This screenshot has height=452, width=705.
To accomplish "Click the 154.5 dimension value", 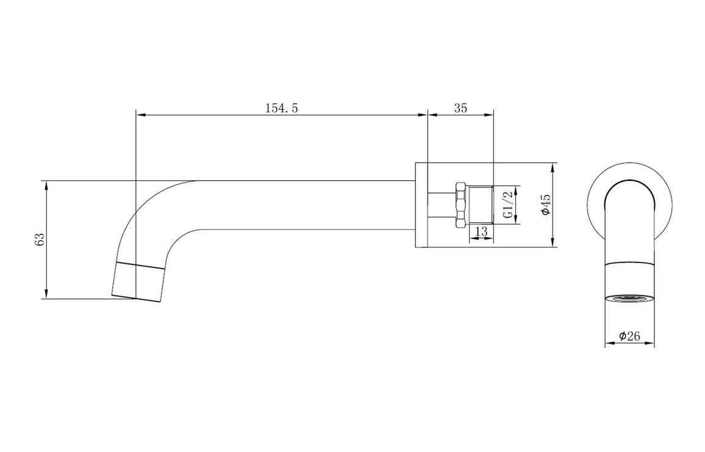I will tap(281, 108).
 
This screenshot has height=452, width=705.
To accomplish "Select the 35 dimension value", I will tap(460, 108).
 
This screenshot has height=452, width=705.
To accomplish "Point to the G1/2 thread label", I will tap(507, 205).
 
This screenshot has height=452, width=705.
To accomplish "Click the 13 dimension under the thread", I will tap(481, 232).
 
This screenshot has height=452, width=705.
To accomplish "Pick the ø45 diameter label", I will tap(545, 204).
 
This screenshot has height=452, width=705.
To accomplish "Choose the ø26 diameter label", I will tap(629, 336).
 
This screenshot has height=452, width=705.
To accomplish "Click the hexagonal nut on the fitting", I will tap(461, 205).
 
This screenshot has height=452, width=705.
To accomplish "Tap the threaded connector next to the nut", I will tap(481, 205).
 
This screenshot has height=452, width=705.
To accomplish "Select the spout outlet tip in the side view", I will tap(138, 282).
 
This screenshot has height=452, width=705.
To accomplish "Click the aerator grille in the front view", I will tap(629, 298).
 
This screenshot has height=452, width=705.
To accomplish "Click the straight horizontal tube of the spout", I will tap(305, 205).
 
